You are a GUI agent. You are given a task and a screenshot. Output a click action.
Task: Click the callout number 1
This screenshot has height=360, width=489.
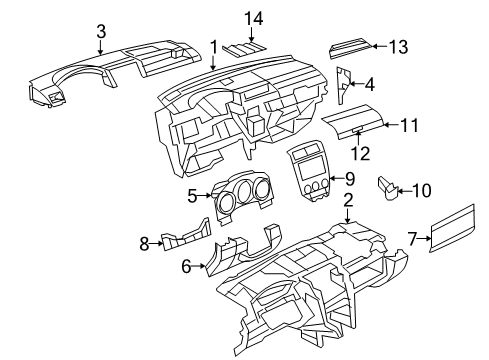tap(213, 46)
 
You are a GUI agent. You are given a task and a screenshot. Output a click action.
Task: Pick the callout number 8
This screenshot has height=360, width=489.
tap(144, 242)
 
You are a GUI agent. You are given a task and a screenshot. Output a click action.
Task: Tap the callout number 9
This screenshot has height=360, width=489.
tap(349, 178)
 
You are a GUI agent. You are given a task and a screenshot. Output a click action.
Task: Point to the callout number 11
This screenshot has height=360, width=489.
tap(408, 125)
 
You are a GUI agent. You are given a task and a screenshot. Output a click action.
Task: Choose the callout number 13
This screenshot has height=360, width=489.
tap(399, 46)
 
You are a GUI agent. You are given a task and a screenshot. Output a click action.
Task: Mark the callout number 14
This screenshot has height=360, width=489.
tap(252, 19)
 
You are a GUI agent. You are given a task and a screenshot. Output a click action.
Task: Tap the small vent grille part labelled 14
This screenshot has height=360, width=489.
tap(244, 46)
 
